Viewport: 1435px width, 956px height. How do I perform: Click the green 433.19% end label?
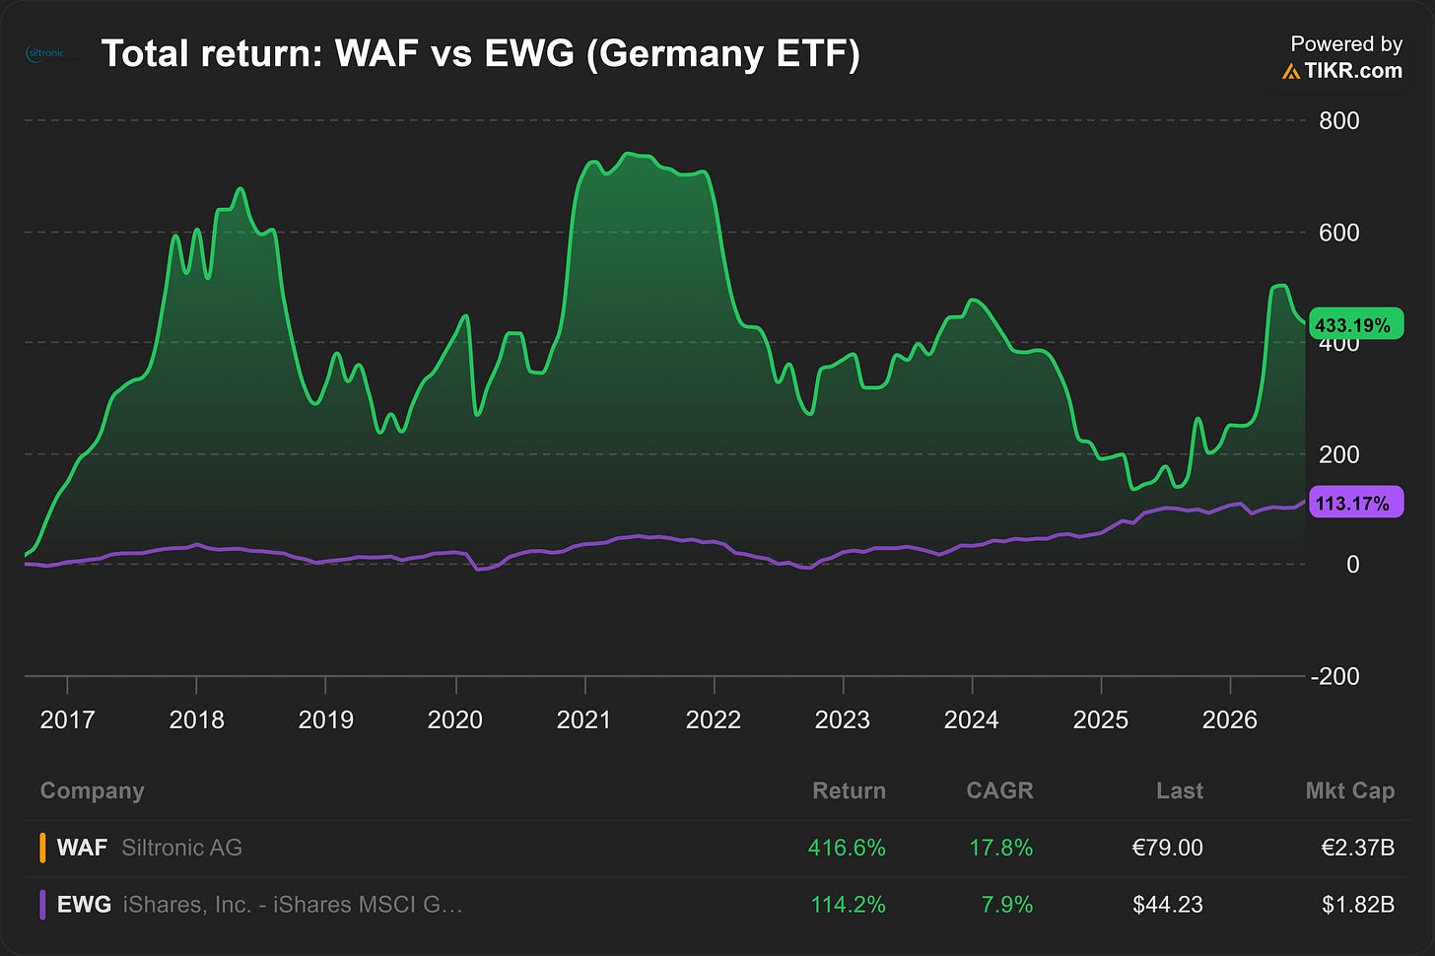(1356, 324)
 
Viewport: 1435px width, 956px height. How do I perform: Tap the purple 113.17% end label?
(1356, 503)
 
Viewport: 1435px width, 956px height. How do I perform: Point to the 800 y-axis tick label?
(1338, 120)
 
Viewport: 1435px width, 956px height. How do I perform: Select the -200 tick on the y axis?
(1334, 676)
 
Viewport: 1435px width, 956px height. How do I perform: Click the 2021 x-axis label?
(583, 719)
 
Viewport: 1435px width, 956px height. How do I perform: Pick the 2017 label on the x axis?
(67, 719)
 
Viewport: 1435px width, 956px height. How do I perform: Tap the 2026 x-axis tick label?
(1229, 719)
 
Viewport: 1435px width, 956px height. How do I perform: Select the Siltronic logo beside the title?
(45, 53)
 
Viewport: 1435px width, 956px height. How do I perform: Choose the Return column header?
(849, 790)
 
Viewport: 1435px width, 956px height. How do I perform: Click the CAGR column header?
(999, 790)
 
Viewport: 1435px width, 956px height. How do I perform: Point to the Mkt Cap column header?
(1350, 790)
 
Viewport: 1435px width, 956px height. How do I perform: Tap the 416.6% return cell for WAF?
(847, 847)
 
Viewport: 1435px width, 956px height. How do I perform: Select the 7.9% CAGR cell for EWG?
(1007, 904)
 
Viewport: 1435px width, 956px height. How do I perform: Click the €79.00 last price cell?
(1167, 847)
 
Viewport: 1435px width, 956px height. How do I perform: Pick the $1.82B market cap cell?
(1358, 904)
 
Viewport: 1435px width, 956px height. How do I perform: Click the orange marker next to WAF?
(42, 847)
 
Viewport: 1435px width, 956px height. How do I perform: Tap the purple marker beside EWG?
(42, 904)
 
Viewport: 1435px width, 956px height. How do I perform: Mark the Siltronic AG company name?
(182, 847)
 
